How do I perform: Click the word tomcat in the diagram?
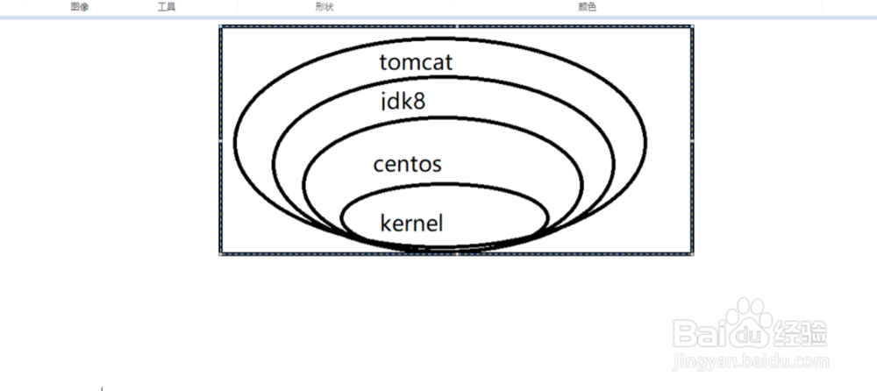[x=416, y=62]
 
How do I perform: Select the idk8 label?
[x=403, y=102]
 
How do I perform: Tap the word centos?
[x=407, y=164]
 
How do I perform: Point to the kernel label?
[x=411, y=223]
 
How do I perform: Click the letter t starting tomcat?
[x=384, y=63]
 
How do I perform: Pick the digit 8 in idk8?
[x=419, y=102]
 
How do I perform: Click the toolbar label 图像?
[x=80, y=6]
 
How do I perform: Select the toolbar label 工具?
[x=166, y=6]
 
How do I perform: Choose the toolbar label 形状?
[x=324, y=6]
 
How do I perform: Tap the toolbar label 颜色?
[x=587, y=6]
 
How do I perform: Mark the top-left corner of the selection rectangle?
[x=220, y=26]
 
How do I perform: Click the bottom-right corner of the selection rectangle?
[x=693, y=254]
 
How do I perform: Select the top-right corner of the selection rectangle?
[x=693, y=26]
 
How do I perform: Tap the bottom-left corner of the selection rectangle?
[x=220, y=254]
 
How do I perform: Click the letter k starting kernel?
[x=385, y=223]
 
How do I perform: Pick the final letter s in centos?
[x=436, y=165]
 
